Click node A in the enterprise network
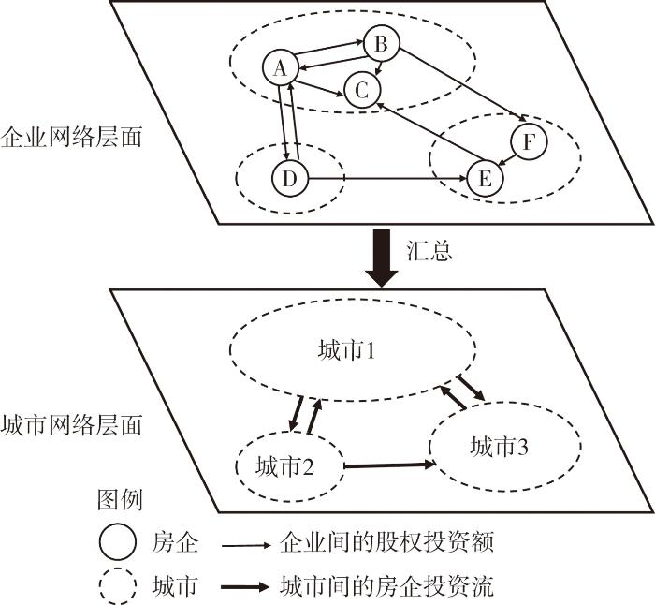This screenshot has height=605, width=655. (280, 66)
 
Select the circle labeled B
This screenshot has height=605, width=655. (381, 43)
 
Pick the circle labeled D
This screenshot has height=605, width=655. (289, 177)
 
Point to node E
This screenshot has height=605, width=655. (484, 179)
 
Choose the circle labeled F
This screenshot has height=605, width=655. (529, 142)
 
